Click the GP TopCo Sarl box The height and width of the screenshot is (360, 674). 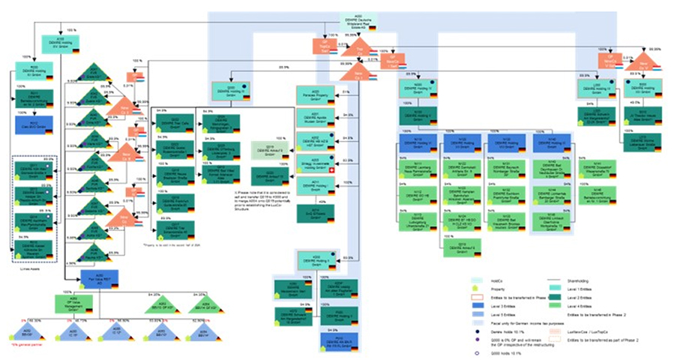tap(319, 46)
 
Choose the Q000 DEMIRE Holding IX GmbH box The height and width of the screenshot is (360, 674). tap(226, 90)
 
